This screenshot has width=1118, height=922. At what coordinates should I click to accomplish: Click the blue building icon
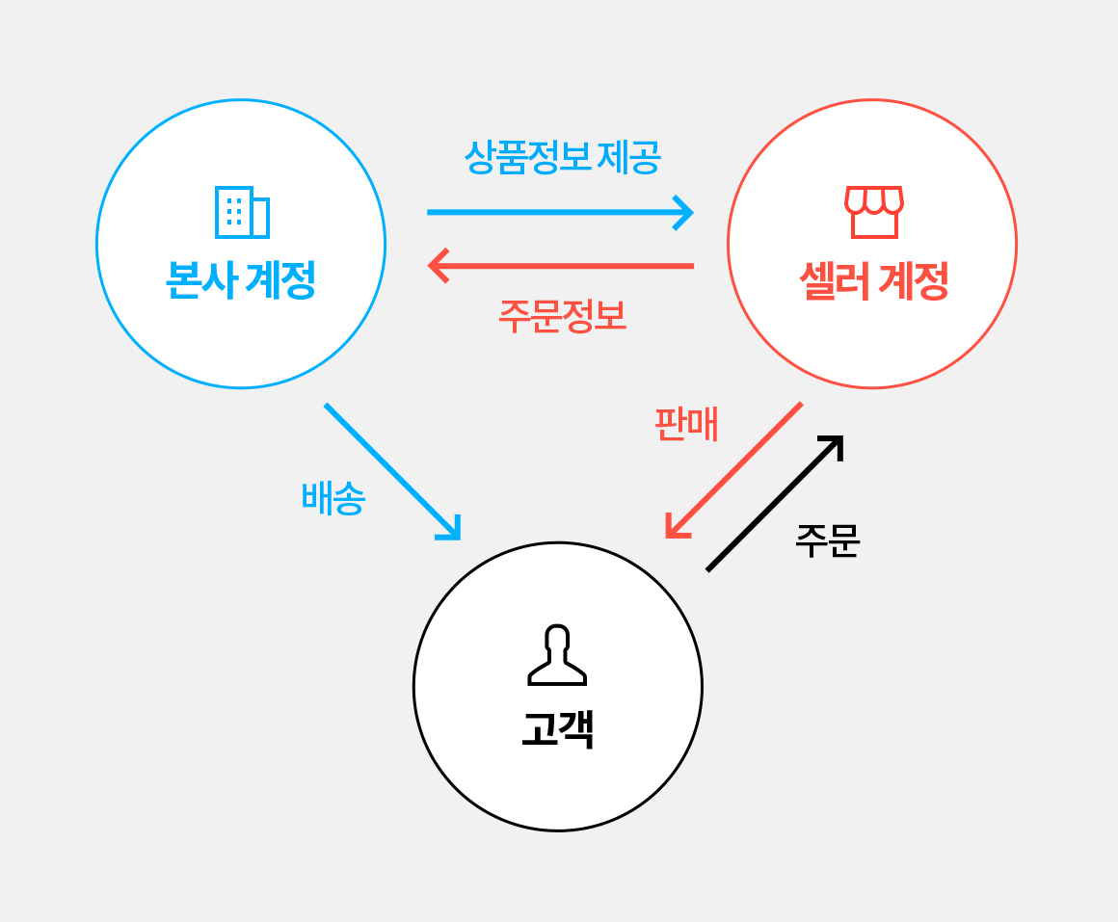click(242, 212)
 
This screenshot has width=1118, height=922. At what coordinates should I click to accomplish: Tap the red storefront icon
click(873, 212)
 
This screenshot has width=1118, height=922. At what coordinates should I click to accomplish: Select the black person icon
click(557, 655)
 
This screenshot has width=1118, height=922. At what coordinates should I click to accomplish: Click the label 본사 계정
click(241, 281)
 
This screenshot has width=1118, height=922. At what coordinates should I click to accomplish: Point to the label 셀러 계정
click(873, 281)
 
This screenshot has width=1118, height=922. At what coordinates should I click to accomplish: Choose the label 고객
click(557, 729)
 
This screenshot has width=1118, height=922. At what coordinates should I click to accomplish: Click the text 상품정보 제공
click(562, 157)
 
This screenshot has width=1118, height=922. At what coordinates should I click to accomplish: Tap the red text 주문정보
click(562, 316)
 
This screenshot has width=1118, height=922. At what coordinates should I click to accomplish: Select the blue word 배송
click(333, 498)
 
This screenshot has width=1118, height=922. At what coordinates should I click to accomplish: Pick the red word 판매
click(686, 424)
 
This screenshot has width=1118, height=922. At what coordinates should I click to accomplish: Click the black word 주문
click(827, 540)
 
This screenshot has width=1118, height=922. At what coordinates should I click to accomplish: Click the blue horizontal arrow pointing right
click(559, 212)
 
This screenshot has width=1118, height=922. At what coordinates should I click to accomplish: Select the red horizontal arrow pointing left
click(561, 265)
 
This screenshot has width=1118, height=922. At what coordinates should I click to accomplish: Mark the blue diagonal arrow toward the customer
click(392, 471)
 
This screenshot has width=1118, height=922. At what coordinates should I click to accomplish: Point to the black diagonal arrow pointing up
click(774, 504)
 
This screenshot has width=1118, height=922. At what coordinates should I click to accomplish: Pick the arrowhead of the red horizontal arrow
click(438, 265)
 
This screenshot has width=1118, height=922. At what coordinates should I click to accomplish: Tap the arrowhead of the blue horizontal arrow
click(684, 212)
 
